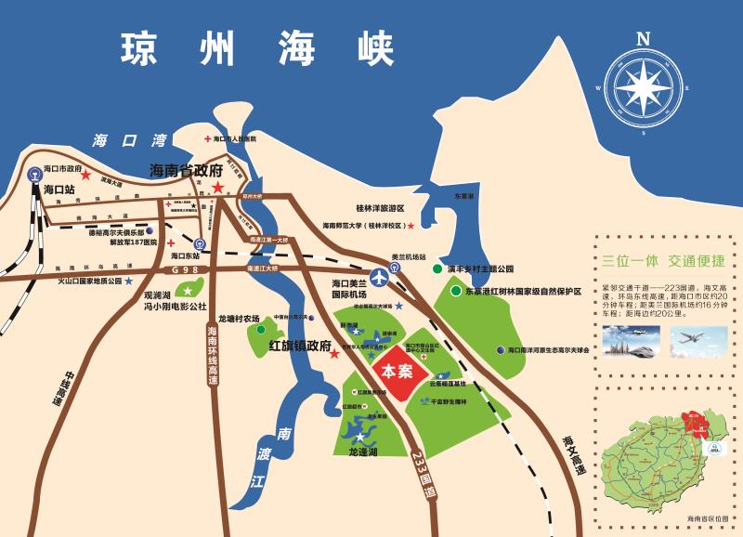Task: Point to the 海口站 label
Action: tap(59, 190)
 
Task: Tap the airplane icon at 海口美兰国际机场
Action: tap(379, 276)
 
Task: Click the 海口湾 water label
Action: tap(129, 140)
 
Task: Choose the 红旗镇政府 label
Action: tap(300, 345)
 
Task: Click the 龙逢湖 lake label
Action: tap(363, 452)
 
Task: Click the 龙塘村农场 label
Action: tap(239, 318)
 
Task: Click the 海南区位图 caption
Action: tap(710, 517)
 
